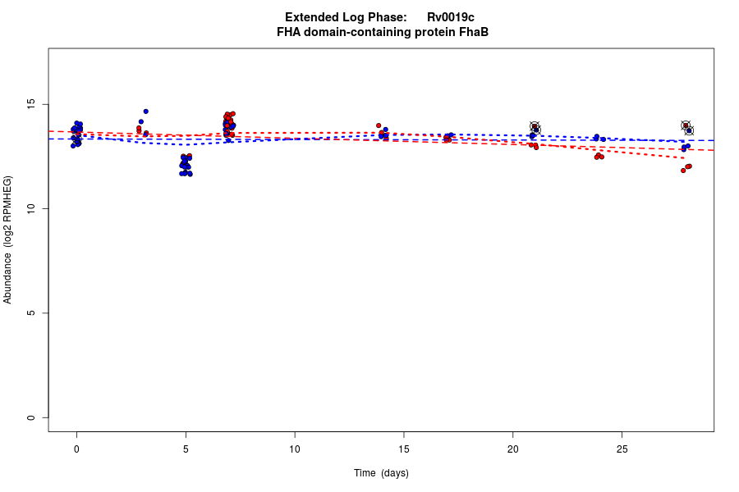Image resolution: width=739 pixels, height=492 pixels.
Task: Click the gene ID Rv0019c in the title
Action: coord(450,17)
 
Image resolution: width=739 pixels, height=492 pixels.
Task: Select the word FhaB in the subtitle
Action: coord(474,32)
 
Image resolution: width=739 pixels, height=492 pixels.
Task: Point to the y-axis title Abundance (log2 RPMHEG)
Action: coord(8,239)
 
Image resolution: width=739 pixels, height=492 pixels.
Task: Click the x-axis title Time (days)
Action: coord(381,473)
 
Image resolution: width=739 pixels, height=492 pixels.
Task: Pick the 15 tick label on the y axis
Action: coord(32,104)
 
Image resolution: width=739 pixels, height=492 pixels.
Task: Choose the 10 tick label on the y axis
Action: coord(32,209)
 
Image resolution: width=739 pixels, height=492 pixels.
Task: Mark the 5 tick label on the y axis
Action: coord(32,313)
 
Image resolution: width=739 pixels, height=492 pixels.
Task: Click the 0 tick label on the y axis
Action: coord(32,417)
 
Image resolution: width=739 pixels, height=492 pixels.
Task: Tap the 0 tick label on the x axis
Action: coord(76,449)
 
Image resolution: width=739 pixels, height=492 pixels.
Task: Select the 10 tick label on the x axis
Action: coord(294,449)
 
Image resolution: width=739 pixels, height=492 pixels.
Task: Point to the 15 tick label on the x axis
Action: coord(403,449)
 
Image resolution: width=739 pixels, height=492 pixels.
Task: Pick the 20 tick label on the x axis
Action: coord(512,449)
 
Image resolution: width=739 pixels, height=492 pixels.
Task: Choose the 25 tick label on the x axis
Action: coord(622,449)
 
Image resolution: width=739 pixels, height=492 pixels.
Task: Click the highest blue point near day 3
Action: coord(145,112)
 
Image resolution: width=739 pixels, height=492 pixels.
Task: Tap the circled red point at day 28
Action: coord(686,125)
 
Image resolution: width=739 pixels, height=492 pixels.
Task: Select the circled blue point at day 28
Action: coord(690,131)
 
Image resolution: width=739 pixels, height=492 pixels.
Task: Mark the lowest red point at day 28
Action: coord(683,171)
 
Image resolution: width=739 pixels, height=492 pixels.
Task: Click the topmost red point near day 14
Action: coord(379,125)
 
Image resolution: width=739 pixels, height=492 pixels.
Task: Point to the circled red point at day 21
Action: coord(535,125)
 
